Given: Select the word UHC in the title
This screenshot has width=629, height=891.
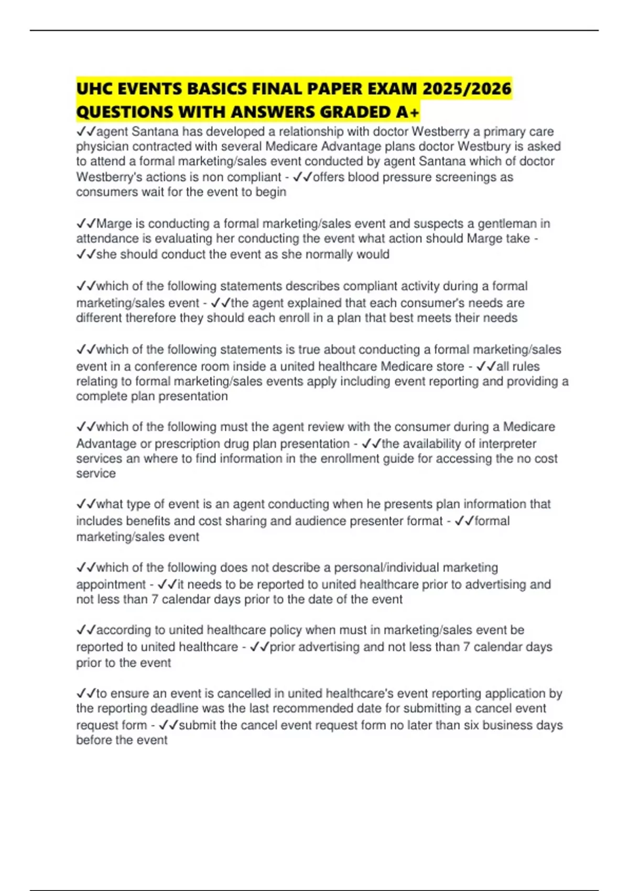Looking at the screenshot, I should [95, 89].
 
